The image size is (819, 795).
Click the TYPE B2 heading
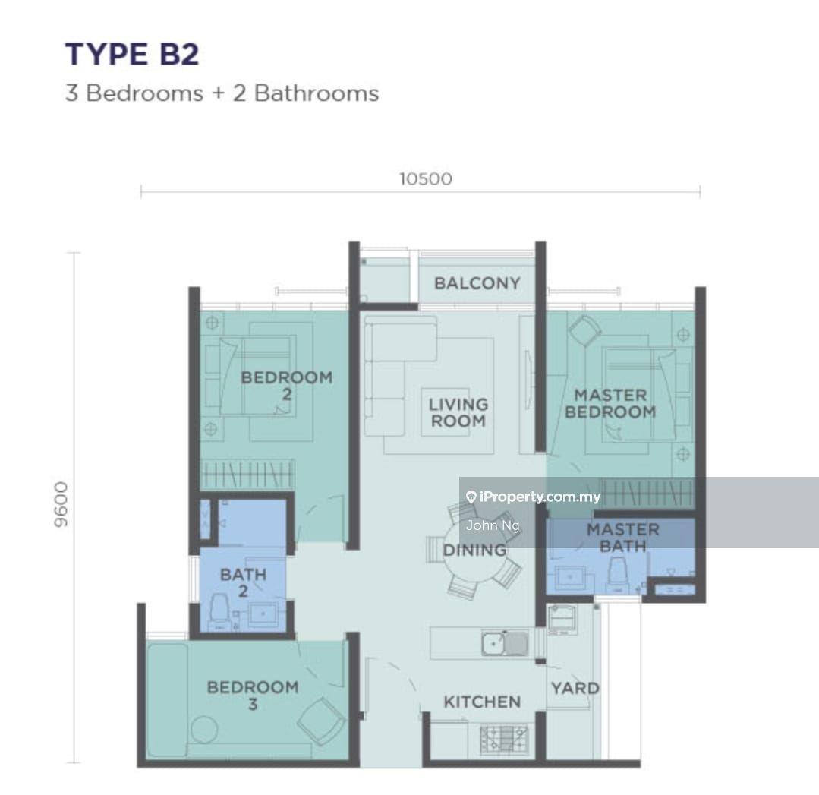tap(132, 55)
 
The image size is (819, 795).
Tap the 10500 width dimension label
tap(426, 179)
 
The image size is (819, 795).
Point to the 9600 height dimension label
tap(61, 504)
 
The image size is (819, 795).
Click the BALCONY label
tap(477, 283)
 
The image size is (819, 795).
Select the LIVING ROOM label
tap(458, 412)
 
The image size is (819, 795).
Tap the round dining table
tap(474, 551)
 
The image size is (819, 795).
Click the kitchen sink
tap(505, 643)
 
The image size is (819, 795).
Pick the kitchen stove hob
tap(503, 739)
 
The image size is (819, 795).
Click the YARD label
tap(575, 688)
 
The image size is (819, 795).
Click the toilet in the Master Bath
tap(618, 574)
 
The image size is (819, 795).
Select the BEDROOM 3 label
tap(253, 696)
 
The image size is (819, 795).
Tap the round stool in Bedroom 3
tap(204, 729)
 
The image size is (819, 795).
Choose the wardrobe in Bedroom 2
tap(247, 475)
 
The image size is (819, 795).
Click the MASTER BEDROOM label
tap(610, 403)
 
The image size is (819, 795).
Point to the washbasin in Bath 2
tap(263, 615)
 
